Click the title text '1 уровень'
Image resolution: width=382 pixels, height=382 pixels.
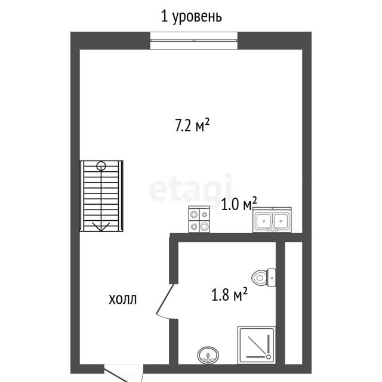[192, 17]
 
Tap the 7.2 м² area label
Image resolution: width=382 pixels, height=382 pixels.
[192, 125]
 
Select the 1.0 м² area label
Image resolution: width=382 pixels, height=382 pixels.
[239, 204]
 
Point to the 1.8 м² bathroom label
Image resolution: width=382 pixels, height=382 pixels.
[229, 294]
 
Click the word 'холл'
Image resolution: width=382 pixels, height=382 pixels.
[122, 299]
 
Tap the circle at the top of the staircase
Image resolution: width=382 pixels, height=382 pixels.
[101, 166]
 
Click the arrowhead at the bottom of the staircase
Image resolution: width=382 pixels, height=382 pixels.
[101, 227]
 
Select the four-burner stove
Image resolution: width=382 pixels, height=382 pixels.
[199, 219]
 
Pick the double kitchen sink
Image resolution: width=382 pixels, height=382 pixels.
[272, 220]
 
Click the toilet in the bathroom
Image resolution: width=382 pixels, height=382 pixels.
[264, 278]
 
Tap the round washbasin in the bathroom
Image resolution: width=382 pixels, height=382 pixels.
[208, 356]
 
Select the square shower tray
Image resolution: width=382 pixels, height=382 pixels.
[257, 345]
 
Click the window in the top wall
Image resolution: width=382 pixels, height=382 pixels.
[193, 41]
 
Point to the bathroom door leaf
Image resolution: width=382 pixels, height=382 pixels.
[165, 298]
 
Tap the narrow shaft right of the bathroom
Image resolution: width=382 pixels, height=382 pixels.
[294, 303]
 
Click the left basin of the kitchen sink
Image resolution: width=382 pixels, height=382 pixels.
[264, 220]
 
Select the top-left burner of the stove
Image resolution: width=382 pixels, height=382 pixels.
[194, 215]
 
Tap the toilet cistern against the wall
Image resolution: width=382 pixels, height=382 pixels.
[272, 278]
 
